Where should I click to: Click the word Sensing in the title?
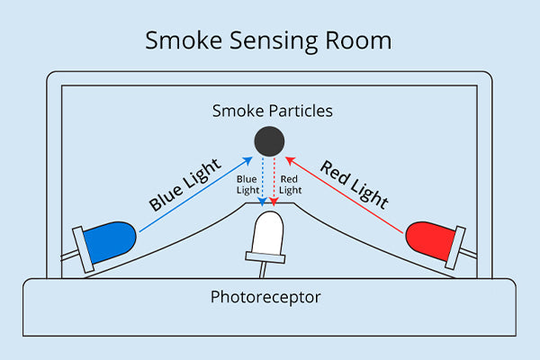[269, 42]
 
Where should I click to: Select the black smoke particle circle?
[269, 141]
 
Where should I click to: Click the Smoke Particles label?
[272, 112]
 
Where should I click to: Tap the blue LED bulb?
[110, 238]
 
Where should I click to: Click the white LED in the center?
[268, 232]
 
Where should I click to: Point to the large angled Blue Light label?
[184, 185]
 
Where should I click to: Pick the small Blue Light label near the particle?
[247, 184]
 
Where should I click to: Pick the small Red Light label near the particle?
[290, 184]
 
